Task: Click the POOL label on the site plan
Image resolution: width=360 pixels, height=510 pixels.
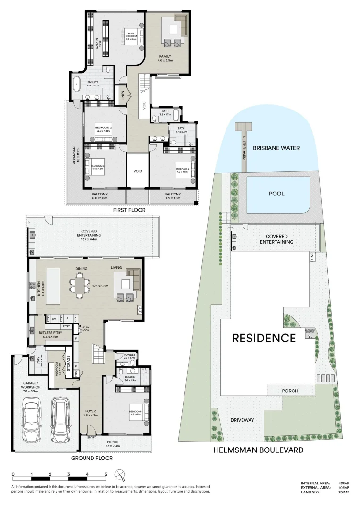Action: pos(276,194)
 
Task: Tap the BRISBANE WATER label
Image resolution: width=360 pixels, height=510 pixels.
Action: pos(276,148)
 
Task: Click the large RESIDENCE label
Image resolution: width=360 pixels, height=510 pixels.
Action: pos(264,338)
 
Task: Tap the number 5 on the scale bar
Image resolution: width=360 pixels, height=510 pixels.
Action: pos(106,474)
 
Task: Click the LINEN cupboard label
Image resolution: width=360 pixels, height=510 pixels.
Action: pos(122,95)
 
